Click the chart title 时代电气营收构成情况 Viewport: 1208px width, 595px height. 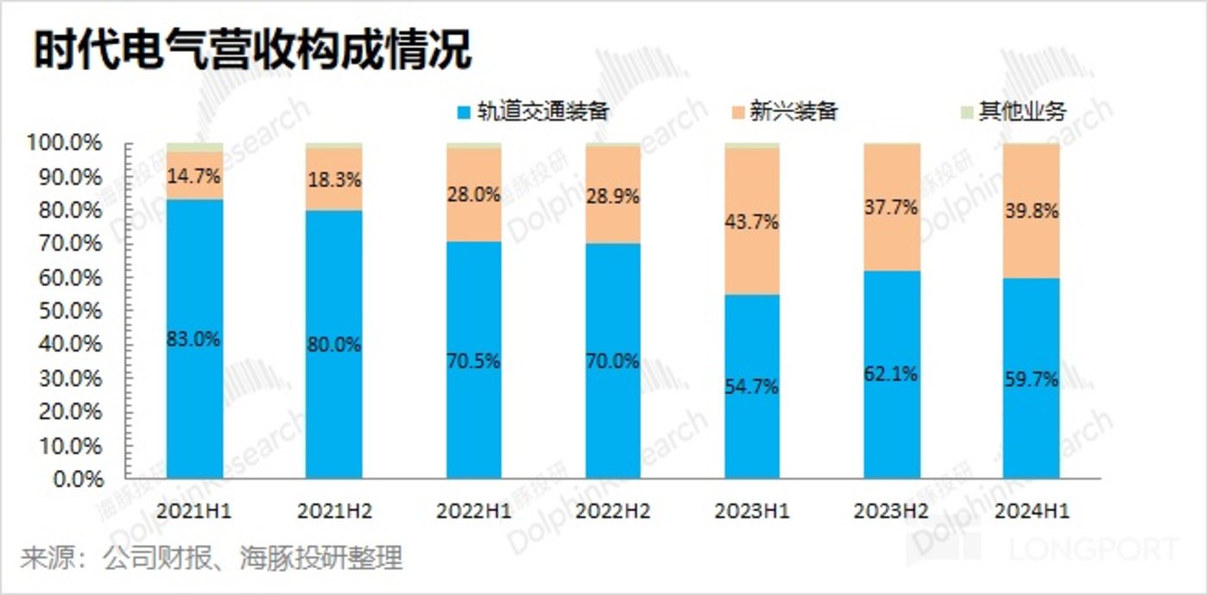tap(253, 51)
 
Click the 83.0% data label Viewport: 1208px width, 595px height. tap(194, 339)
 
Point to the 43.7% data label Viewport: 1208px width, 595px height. tap(752, 222)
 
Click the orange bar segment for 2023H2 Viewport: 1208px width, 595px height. tap(892, 207)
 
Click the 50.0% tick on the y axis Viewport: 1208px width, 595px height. tap(78, 311)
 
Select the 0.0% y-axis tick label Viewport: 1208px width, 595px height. tap(81, 479)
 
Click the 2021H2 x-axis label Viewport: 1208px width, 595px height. tap(334, 511)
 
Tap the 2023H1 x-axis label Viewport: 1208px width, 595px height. tap(752, 511)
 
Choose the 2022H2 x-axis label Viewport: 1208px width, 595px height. tap(613, 511)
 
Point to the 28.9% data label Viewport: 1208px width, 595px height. tap(613, 196)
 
